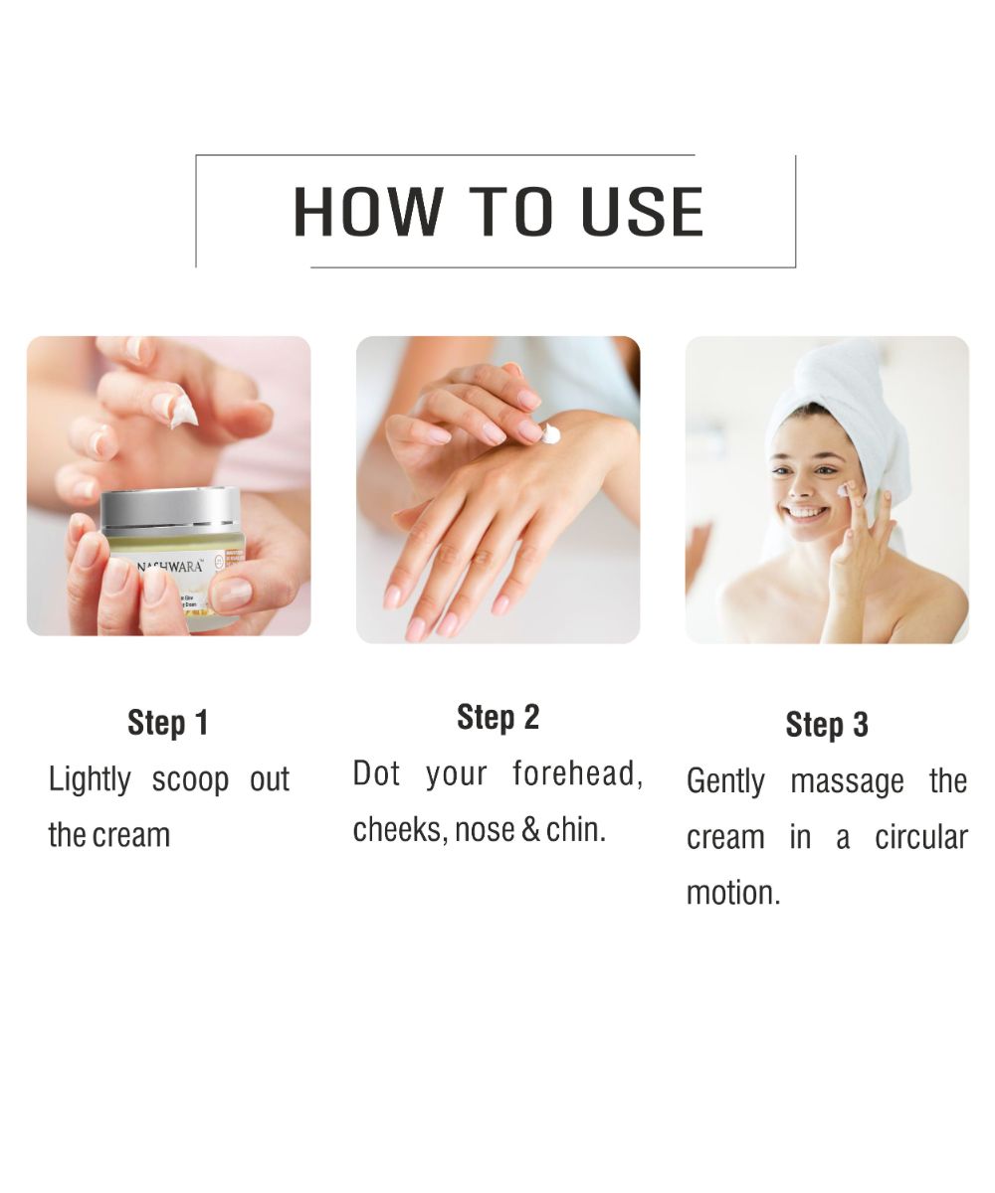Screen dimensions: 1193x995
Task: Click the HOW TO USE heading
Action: point(497,211)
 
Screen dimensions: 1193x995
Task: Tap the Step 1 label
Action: point(168,723)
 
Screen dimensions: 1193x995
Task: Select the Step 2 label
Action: point(497,717)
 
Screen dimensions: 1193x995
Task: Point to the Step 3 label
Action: point(827,725)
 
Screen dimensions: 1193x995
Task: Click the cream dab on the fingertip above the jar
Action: point(183,410)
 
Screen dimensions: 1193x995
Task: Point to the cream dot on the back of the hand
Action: point(550,432)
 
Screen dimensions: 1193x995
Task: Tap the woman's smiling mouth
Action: point(806,514)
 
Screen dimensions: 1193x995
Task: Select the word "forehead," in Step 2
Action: point(577,773)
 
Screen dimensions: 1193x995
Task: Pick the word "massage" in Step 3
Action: point(847,781)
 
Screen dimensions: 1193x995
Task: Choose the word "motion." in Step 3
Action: point(733,893)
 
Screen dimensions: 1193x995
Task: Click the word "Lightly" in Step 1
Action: point(90,779)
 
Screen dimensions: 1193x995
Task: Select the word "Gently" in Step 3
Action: point(726,781)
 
